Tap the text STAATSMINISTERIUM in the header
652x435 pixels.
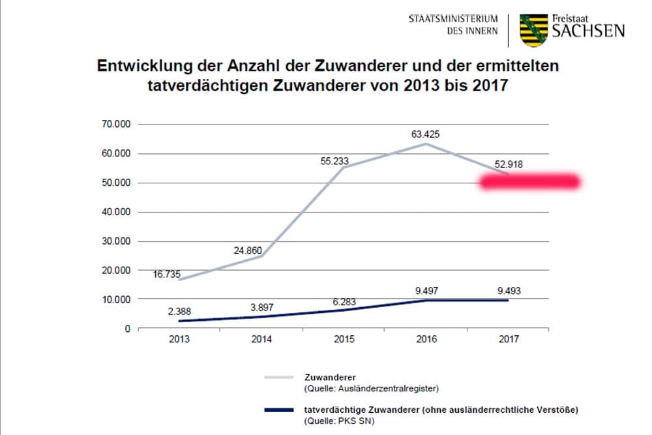tap(453, 18)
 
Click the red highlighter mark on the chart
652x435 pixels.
tap(529, 183)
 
